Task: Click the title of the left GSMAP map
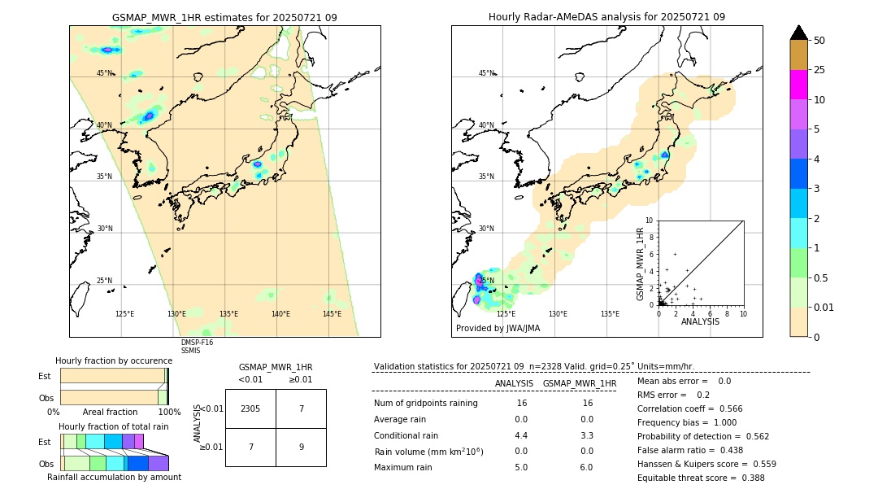224,17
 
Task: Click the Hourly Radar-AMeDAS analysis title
606,17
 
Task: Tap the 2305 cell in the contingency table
250,408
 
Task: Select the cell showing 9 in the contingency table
301,447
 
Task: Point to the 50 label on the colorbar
819,40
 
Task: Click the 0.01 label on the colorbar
824,307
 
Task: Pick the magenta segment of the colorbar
798,85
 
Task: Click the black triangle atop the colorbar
798,33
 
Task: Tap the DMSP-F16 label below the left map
197,343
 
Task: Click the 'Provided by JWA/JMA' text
498,329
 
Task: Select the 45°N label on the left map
105,73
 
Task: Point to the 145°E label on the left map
332,314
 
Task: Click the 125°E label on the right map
506,314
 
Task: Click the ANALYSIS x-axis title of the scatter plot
700,322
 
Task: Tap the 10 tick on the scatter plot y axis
649,221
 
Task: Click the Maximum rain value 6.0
586,468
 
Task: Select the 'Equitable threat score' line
701,478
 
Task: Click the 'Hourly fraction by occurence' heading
114,361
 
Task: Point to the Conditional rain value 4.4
521,435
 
